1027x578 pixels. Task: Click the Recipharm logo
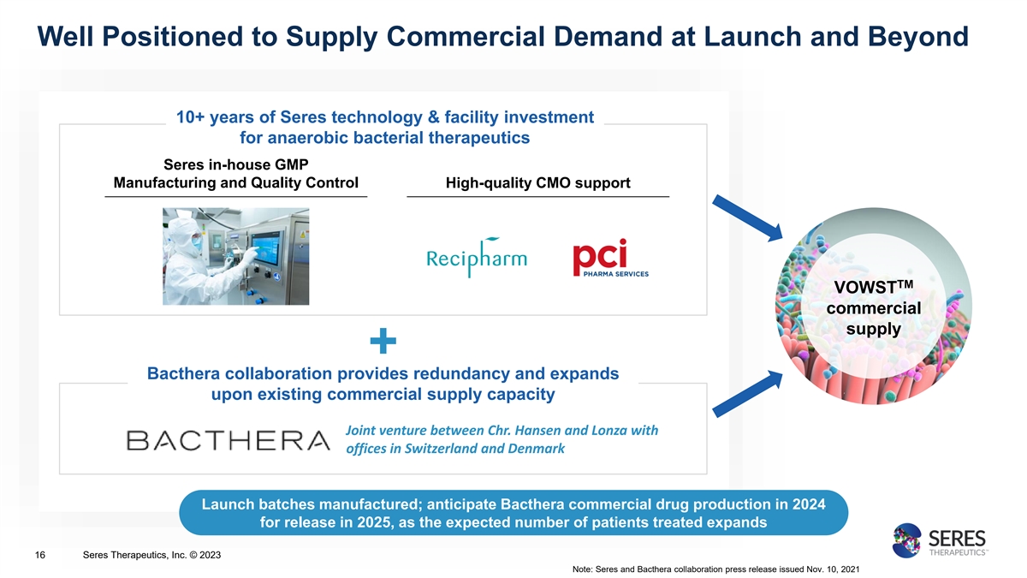coord(477,258)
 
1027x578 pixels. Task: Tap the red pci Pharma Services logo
coord(610,258)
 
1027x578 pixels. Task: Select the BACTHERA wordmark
coord(228,440)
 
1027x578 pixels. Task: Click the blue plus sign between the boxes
coord(383,341)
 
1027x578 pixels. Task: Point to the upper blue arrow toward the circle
coord(747,217)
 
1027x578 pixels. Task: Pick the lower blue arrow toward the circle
coord(747,394)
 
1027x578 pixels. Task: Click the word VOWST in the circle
coord(868,288)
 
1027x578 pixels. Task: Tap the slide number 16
coord(40,555)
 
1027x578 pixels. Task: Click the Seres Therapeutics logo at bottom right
coord(940,540)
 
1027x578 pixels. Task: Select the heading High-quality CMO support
coord(537,182)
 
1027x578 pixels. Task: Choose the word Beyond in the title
coord(918,36)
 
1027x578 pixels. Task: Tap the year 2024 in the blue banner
coord(807,504)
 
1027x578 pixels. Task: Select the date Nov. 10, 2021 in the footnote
coord(833,569)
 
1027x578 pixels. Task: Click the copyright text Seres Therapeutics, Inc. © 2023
coord(151,555)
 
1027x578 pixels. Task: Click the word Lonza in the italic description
coord(608,430)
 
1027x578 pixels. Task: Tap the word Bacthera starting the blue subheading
coord(183,373)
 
